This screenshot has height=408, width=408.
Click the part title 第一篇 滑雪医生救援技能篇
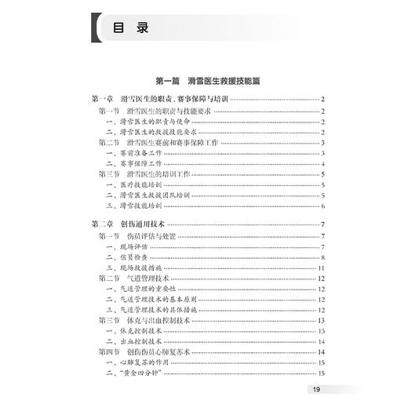click(205, 81)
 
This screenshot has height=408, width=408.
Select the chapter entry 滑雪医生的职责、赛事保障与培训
click(163, 99)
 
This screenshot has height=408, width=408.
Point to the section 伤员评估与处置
click(153, 237)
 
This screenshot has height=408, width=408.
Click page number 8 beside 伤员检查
click(322, 258)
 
